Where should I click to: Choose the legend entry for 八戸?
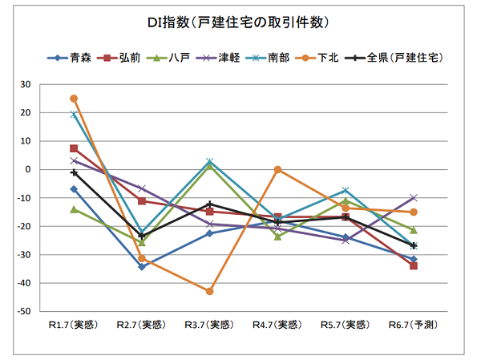pos(181,58)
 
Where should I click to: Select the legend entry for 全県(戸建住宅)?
pos(404,58)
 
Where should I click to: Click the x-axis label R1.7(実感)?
pos(73,325)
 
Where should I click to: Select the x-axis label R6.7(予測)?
pos(414,325)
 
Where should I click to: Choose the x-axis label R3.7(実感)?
pos(209,325)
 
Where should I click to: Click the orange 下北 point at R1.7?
pos(74,99)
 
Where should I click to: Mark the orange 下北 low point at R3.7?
pos(210,291)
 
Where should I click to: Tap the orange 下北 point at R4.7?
pos(277,169)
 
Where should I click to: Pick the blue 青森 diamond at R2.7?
pos(142,267)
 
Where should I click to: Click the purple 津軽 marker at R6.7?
pos(414,197)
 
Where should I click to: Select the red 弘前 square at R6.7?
pos(414,265)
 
